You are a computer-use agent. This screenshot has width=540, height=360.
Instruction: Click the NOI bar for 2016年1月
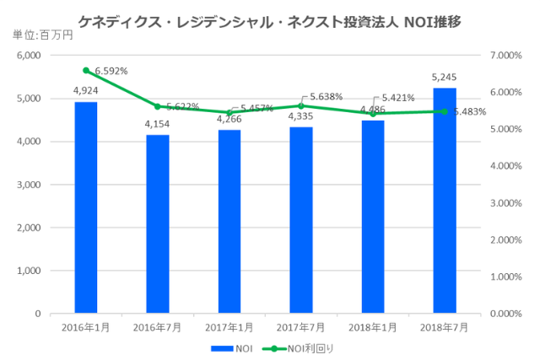86,207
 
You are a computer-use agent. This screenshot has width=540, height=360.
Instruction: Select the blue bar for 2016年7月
158,224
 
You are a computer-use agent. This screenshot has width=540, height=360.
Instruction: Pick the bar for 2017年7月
301,220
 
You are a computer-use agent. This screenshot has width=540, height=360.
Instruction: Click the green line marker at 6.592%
86,70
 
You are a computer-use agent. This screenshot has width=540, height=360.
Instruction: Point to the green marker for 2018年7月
445,111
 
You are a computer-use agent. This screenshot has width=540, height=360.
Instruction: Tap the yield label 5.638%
326,97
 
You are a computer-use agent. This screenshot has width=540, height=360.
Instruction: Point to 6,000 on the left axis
29,56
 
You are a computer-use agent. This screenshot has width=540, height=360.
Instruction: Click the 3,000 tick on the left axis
29,185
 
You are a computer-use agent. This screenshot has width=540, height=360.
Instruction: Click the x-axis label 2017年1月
229,325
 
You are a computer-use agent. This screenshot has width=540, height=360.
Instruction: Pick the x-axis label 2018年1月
373,325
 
